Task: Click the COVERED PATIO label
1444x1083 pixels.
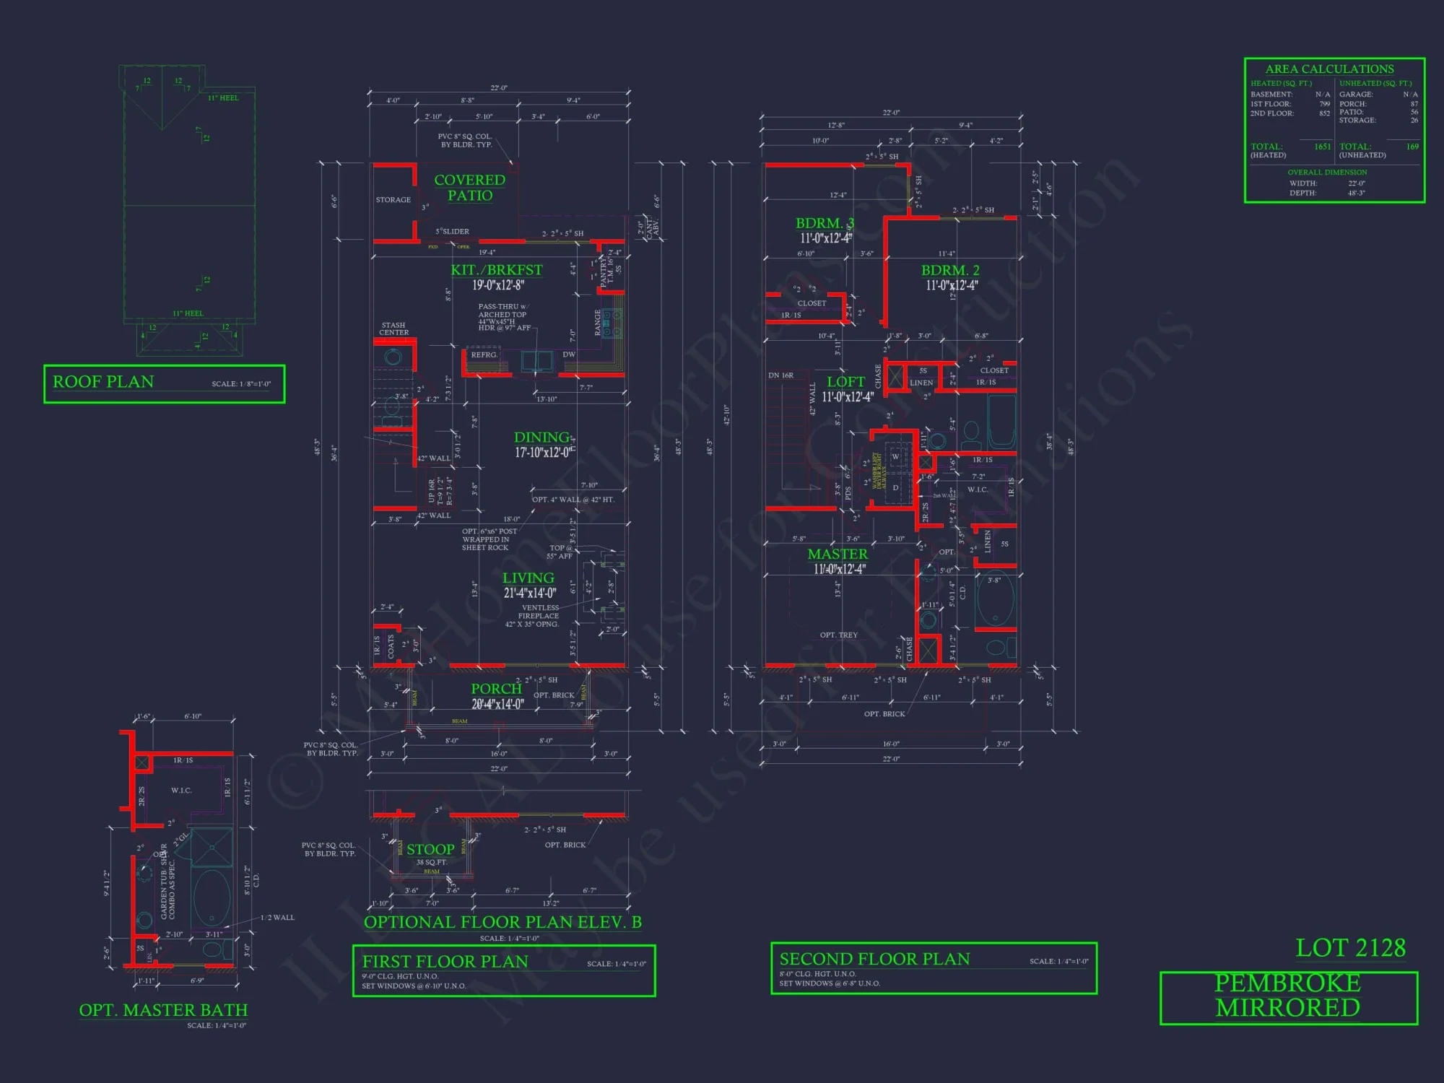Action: coord(469,188)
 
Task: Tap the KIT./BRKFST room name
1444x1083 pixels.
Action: coord(497,270)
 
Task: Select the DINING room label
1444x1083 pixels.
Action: coord(541,438)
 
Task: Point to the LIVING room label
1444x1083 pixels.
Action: coord(529,578)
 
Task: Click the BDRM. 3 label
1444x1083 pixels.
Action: coord(825,223)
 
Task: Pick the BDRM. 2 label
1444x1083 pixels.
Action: coord(950,270)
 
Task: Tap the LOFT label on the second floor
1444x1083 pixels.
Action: coord(845,382)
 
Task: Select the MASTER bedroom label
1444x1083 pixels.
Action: coord(838,554)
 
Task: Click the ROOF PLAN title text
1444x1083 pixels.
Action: coord(103,382)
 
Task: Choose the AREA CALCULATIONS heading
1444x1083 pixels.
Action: coord(1329,69)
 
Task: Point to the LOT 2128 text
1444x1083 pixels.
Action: coord(1350,948)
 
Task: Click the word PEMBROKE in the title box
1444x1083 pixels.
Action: coord(1287,983)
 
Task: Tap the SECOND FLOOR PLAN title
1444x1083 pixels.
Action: coord(874,960)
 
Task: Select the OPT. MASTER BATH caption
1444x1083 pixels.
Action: coord(163,1010)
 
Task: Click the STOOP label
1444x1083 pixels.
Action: coord(430,850)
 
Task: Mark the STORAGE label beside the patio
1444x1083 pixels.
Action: coord(393,200)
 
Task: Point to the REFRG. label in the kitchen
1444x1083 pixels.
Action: coord(484,355)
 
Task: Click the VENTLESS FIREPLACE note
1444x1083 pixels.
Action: coord(539,612)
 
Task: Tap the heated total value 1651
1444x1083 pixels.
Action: coord(1322,147)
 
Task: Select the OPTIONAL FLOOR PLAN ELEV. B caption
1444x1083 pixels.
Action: coord(503,922)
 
